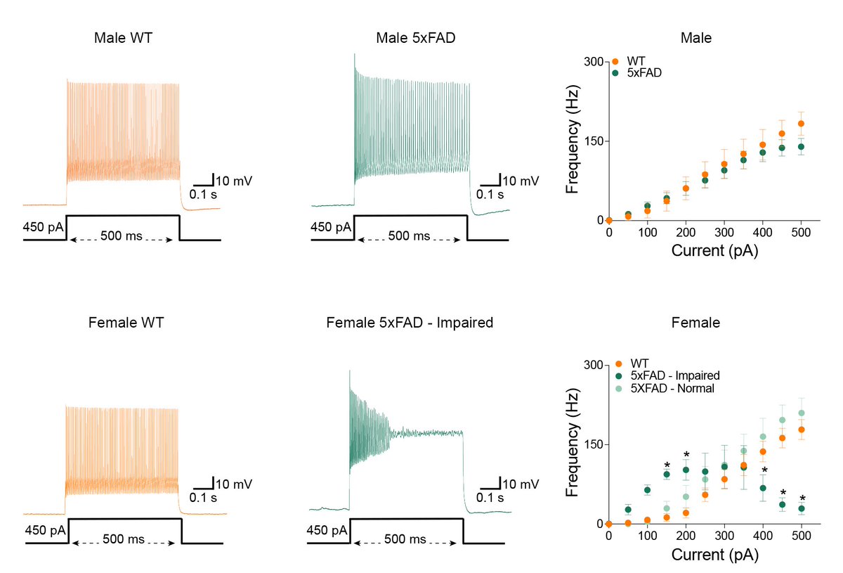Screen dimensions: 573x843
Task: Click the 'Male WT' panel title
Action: (123, 37)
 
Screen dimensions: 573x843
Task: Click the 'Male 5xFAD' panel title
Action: (412, 37)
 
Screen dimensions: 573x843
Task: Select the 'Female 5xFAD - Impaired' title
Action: (410, 323)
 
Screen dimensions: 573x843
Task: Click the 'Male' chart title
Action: (695, 38)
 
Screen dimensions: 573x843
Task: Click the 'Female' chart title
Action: (695, 323)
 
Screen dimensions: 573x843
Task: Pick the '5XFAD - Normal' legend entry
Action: (672, 387)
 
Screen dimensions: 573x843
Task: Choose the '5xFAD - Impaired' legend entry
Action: (675, 375)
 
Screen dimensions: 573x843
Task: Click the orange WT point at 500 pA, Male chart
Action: (801, 124)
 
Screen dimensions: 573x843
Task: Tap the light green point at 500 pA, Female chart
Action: (801, 413)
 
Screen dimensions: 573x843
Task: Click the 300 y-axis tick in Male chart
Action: (594, 62)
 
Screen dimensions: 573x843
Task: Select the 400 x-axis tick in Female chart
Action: (762, 536)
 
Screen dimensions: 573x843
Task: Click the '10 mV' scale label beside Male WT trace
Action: (233, 181)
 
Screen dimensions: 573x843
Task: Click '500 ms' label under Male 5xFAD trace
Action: (410, 236)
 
